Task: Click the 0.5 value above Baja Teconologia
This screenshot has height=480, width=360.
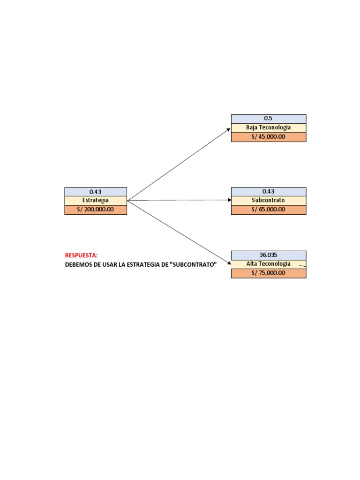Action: coord(268,118)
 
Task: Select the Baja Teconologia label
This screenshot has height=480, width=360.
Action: coord(269,127)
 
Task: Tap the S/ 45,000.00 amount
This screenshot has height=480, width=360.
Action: coord(269,137)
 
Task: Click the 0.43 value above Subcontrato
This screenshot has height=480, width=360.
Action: coord(269,191)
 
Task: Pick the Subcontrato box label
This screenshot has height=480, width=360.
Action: coord(269,200)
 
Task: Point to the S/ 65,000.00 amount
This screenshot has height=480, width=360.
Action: coord(269,210)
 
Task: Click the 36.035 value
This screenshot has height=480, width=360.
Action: coord(269,255)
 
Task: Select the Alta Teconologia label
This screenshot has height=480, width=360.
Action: coord(269,264)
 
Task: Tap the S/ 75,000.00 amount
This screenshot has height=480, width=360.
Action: coord(269,273)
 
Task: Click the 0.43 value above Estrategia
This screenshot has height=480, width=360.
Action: coord(96,192)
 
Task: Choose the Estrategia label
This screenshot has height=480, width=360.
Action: coord(96,200)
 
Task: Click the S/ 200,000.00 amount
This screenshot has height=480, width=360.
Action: coord(96,210)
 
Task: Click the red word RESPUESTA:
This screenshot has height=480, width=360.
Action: coord(82,255)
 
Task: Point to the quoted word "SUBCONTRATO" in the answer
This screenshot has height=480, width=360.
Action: coord(193,264)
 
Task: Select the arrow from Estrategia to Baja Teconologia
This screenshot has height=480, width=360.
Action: coord(179,165)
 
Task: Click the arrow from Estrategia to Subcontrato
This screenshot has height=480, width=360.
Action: coord(180,200)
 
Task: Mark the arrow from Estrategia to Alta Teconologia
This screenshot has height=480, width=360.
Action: coord(179,232)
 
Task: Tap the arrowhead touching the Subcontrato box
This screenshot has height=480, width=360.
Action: coord(230,200)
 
